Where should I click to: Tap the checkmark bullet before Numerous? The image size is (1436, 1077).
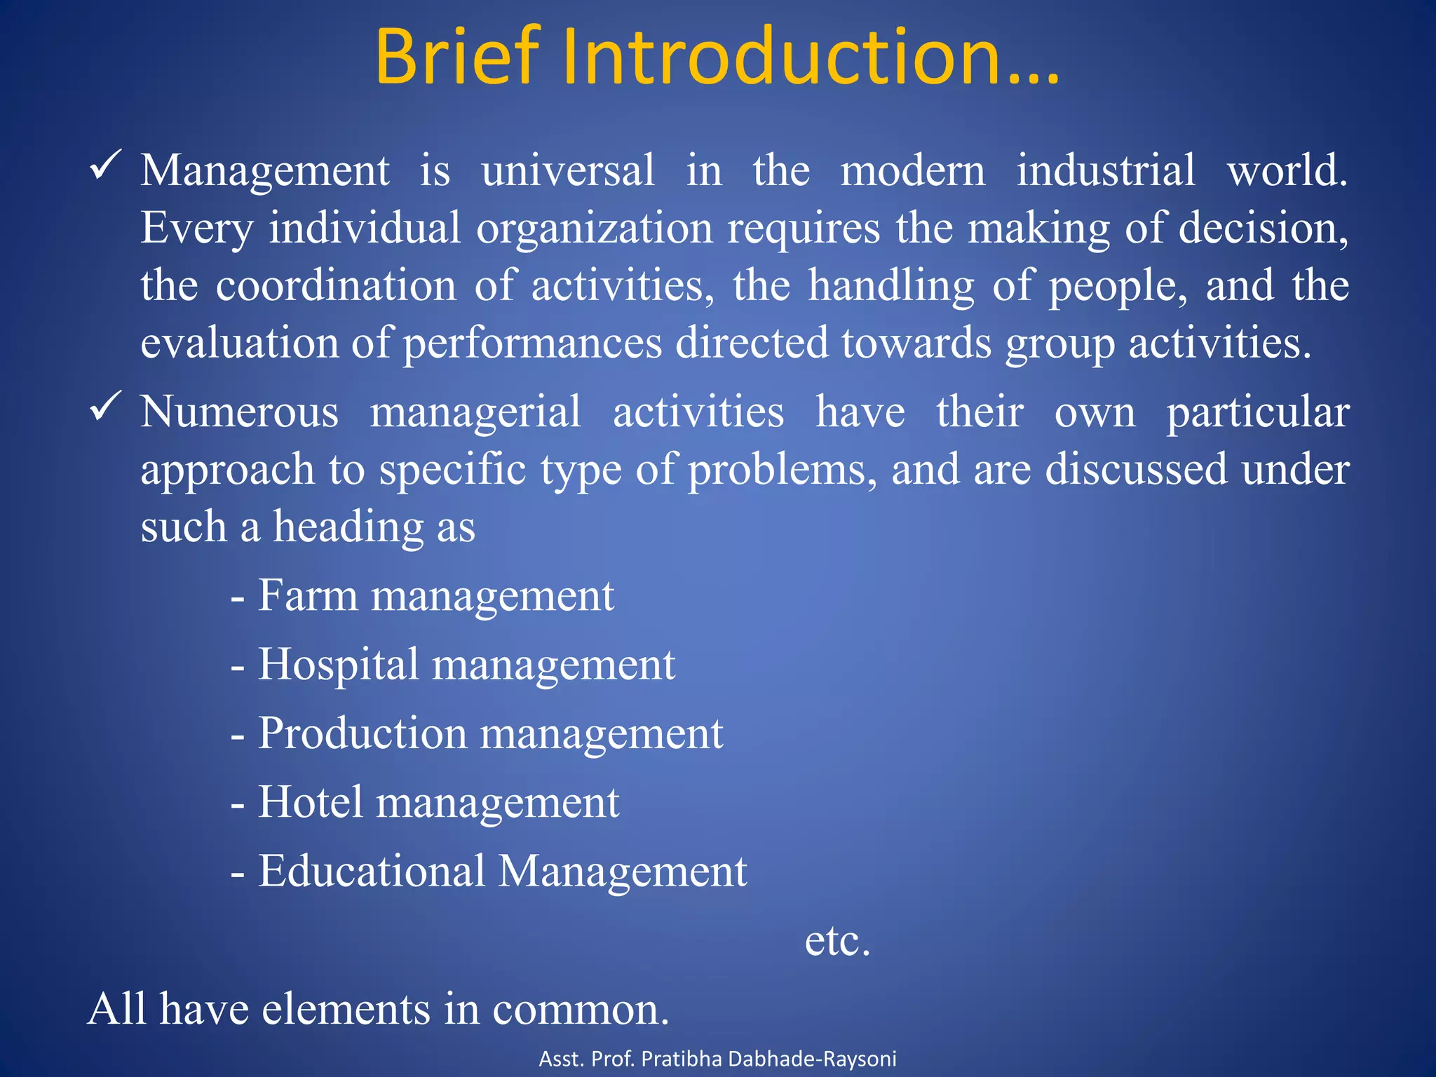coord(106,407)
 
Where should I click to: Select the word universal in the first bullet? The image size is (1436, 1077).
coord(568,170)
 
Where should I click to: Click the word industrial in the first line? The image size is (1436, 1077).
coord(1106,170)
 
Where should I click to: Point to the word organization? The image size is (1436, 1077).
coord(594,229)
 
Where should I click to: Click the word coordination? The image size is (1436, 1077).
coord(336,286)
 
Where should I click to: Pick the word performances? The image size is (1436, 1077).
coord(532,344)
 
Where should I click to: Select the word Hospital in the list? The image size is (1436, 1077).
coord(338,665)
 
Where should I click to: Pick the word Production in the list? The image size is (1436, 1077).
coord(362,733)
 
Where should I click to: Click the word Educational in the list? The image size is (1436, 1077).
coord(372,871)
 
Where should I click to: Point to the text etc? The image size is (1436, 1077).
coord(837,941)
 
